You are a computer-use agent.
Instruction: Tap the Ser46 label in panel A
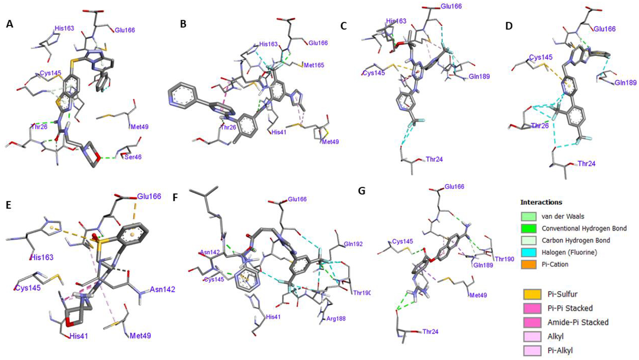[133, 157]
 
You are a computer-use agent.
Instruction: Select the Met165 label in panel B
[314, 65]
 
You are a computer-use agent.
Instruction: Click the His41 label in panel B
[279, 132]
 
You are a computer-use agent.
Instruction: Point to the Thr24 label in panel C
[434, 159]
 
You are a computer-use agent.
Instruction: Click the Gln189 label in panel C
[479, 76]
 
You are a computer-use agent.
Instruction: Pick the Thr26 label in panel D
[540, 125]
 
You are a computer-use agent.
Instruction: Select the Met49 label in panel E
[140, 335]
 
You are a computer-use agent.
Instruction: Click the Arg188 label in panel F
[335, 318]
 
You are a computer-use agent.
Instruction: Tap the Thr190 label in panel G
[504, 259]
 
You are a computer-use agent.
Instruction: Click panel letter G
[361, 191]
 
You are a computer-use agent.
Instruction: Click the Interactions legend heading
[541, 202]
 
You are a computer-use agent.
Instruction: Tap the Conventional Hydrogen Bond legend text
[584, 228]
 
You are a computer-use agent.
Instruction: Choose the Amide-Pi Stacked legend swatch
[532, 322]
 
